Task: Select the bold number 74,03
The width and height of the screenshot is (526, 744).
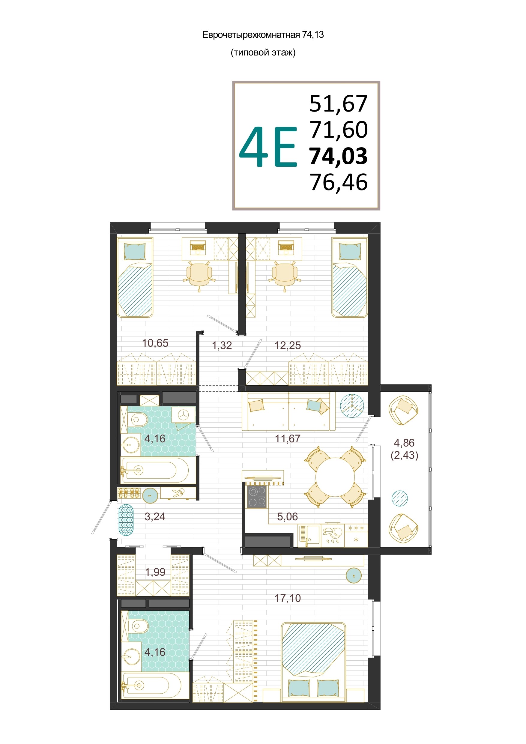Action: pyautogui.click(x=338, y=156)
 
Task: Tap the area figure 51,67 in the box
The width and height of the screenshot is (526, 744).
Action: pyautogui.click(x=338, y=104)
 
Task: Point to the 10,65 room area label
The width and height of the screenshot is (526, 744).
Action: pyautogui.click(x=155, y=343)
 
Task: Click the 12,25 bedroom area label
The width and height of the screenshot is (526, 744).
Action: pyautogui.click(x=288, y=345)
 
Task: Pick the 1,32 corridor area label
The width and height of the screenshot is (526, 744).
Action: pyautogui.click(x=222, y=345)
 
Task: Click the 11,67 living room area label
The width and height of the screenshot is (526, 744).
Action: pyautogui.click(x=288, y=439)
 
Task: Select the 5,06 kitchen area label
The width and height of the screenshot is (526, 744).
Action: pyautogui.click(x=288, y=516)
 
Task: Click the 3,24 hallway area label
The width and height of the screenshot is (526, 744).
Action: pyautogui.click(x=155, y=516)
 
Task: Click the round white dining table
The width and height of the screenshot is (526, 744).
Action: pyautogui.click(x=335, y=477)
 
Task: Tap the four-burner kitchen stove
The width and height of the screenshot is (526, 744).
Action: pyautogui.click(x=257, y=496)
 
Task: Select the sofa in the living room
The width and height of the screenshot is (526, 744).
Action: pyautogui.click(x=288, y=411)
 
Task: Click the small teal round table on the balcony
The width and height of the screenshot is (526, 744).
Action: pyautogui.click(x=400, y=498)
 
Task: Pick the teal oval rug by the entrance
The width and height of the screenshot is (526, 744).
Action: pyautogui.click(x=126, y=520)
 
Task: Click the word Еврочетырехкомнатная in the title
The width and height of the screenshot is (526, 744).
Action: pyautogui.click(x=251, y=35)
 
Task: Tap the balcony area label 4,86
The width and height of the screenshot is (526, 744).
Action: pyautogui.click(x=404, y=443)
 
